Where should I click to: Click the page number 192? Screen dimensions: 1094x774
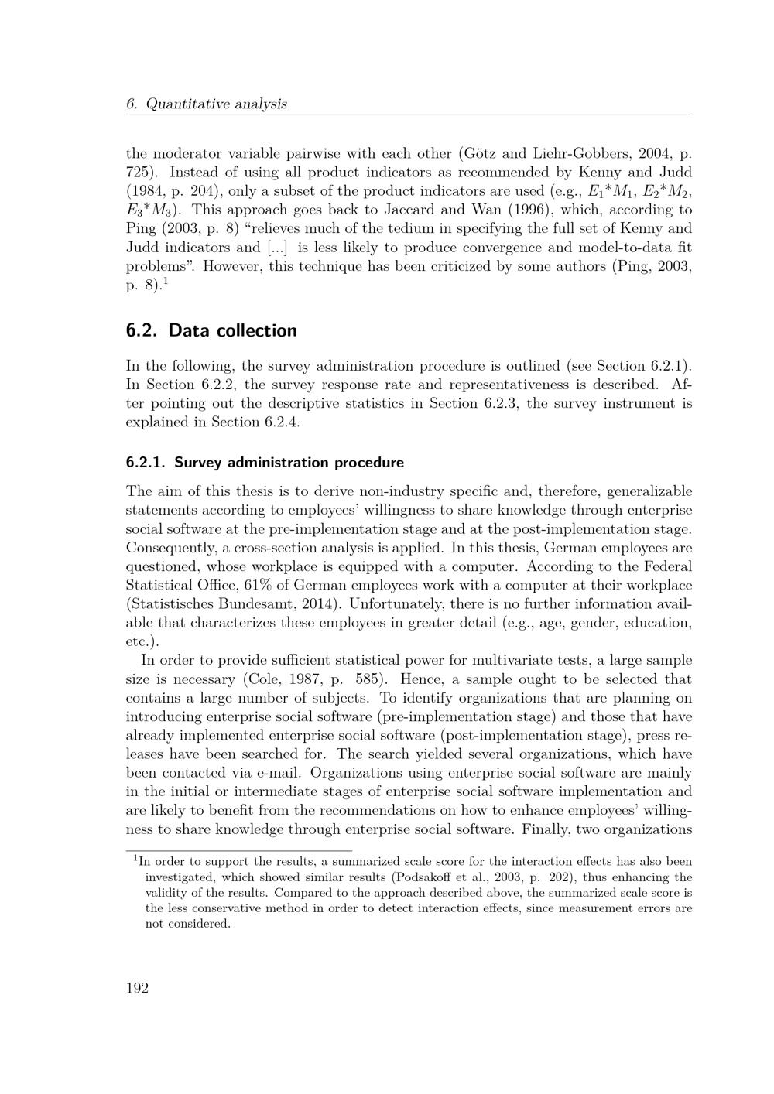click(x=137, y=988)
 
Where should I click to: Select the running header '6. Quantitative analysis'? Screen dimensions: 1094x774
click(x=206, y=104)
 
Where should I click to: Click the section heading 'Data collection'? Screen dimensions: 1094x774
click(x=232, y=330)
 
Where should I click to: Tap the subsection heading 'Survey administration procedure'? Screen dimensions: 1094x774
click(x=289, y=463)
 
